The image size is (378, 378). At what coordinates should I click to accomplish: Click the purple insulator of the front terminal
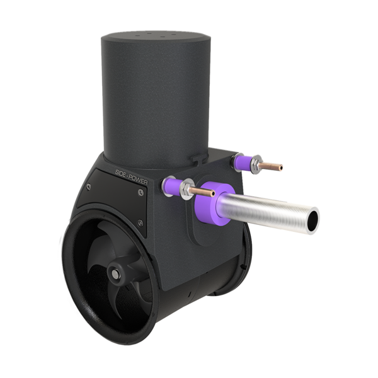[172, 186]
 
